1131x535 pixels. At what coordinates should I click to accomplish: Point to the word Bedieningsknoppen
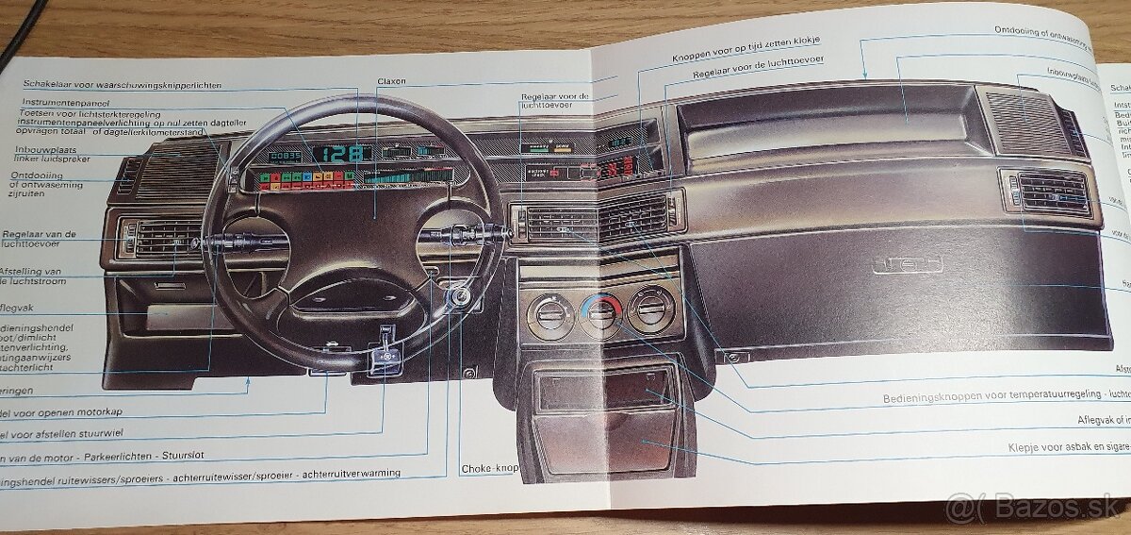931,399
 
